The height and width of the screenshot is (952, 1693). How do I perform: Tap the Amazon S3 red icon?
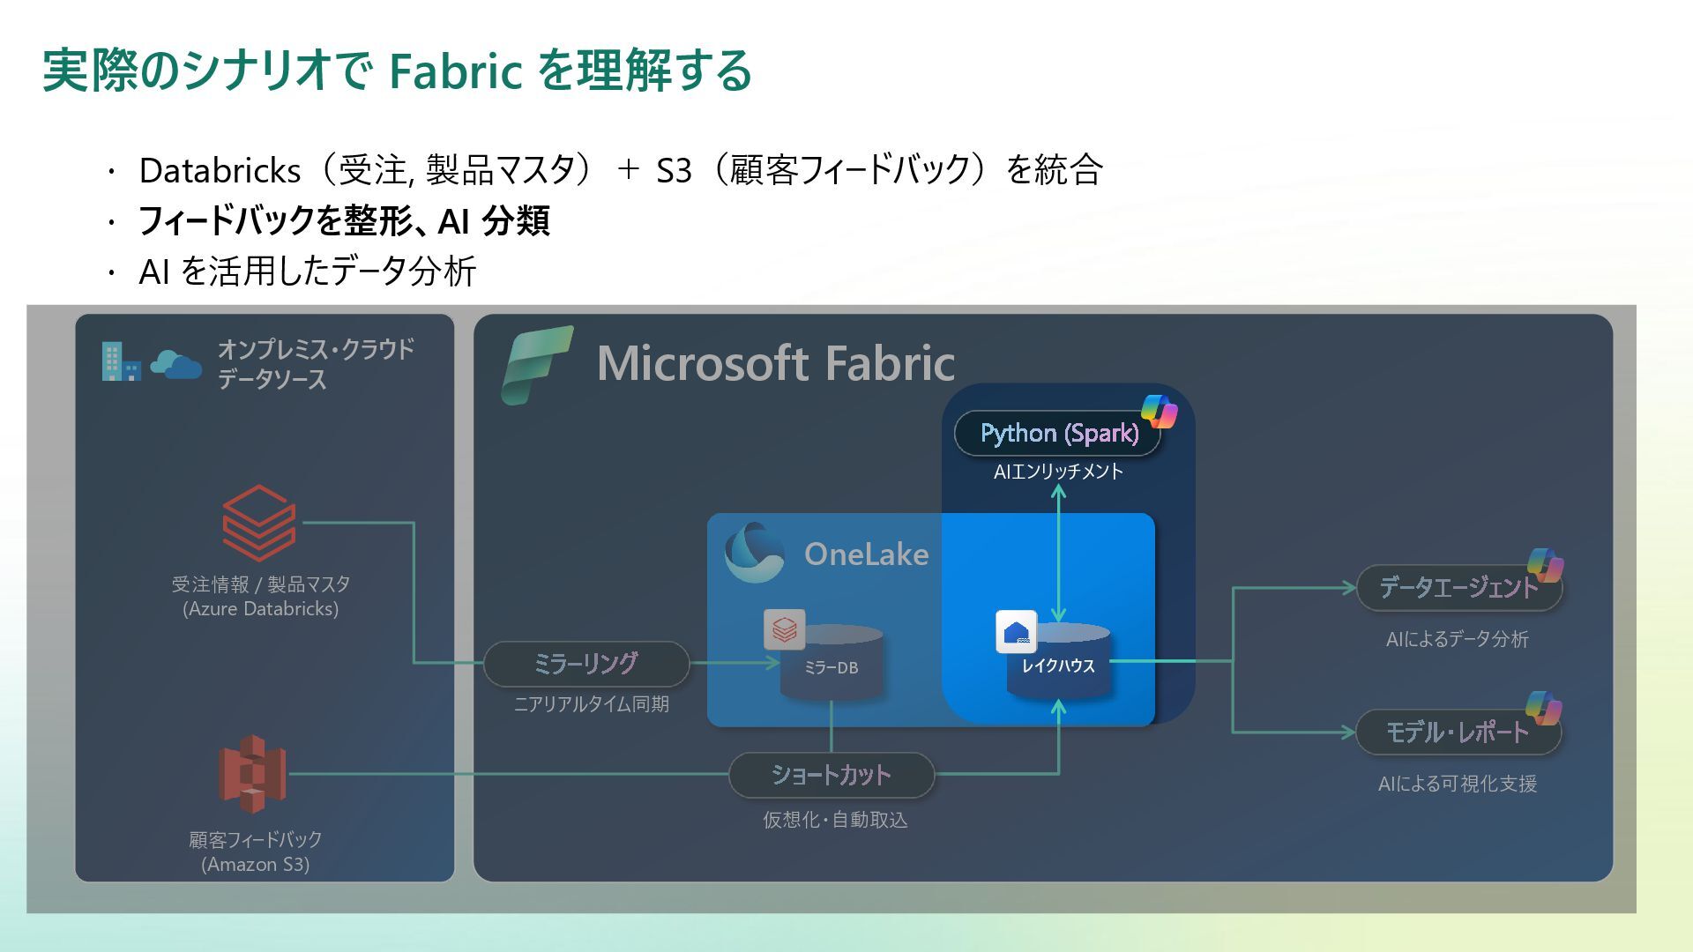pos(252,774)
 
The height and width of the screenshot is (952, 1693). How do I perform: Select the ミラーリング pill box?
pos(585,664)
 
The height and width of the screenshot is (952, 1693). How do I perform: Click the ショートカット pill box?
pos(831,775)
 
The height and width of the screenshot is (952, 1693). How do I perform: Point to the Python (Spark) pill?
pos(1058,433)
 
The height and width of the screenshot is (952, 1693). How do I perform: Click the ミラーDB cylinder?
pos(832,663)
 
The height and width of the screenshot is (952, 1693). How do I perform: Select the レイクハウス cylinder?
pos(1058,663)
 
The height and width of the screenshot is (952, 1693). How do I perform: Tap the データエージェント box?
pos(1458,588)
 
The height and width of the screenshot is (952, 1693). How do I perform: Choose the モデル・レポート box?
pos(1458,732)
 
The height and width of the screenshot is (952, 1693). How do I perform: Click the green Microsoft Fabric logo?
pos(536,364)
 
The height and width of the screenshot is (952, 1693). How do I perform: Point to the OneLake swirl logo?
pos(754,553)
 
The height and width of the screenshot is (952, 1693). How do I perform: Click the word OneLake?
pos(866,554)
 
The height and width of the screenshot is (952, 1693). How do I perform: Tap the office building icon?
pos(120,361)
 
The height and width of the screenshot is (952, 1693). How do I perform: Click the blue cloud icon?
pos(175,364)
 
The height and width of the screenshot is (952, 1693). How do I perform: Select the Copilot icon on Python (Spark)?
pos(1159,411)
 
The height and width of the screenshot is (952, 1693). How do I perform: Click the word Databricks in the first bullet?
pos(220,170)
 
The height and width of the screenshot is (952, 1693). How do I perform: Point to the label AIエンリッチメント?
pos(1058,472)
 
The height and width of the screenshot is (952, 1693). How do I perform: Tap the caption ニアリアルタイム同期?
pos(591,704)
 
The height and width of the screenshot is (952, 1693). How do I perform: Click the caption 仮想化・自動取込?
pos(835,820)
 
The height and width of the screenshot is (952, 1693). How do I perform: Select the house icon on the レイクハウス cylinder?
pos(1016,632)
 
